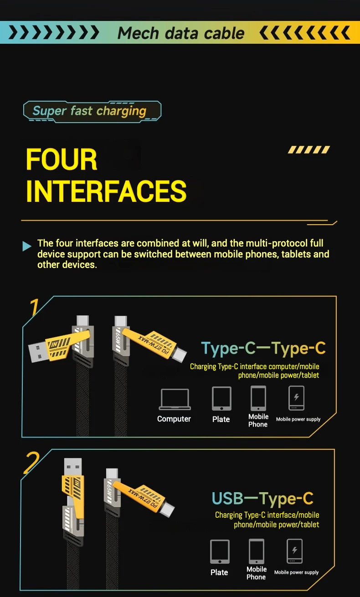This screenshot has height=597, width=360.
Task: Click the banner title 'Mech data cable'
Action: [x=181, y=33]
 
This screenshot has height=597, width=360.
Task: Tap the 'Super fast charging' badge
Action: [x=92, y=112]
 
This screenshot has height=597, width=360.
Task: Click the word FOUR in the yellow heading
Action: [x=62, y=159]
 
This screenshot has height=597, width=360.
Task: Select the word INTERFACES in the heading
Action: [x=106, y=191]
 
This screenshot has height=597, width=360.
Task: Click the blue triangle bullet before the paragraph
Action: [x=27, y=246]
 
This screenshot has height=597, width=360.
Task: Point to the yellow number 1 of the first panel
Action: [x=34, y=307]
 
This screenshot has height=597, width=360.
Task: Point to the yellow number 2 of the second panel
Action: [x=31, y=463]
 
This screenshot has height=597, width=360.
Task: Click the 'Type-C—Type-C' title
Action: [x=263, y=349]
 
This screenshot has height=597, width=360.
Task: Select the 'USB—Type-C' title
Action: [x=262, y=499]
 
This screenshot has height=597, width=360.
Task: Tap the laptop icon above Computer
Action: [x=175, y=399]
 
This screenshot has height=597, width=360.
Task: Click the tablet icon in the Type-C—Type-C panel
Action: [x=221, y=398]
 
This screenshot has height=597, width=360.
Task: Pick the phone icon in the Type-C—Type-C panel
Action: [x=258, y=398]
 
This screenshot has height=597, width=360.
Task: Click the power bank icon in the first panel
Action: [x=296, y=398]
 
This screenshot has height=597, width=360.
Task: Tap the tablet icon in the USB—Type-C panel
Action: [x=220, y=551]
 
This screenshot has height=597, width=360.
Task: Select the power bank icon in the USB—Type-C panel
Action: [x=294, y=551]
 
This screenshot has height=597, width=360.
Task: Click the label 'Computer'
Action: [x=174, y=419]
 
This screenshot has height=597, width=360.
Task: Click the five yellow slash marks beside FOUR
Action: [x=309, y=149]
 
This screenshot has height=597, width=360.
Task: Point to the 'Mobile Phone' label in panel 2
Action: [x=257, y=573]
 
